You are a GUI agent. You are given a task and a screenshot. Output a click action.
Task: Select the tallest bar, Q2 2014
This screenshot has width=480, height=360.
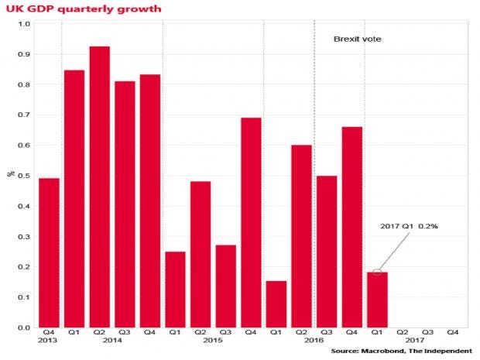100,187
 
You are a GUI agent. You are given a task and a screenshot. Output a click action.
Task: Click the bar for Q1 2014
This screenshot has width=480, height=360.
74,198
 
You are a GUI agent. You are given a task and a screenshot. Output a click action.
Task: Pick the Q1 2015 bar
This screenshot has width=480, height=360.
175,290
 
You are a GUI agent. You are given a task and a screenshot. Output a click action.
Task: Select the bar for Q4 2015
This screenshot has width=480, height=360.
251,222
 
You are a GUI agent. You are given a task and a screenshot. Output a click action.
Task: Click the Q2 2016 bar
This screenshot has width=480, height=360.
301,236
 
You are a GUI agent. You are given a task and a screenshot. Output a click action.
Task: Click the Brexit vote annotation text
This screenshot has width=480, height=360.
357,39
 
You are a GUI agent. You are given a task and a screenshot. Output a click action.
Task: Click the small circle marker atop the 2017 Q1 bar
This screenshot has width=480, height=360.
377,272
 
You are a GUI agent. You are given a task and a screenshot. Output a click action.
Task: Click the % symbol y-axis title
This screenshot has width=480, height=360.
9,174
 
